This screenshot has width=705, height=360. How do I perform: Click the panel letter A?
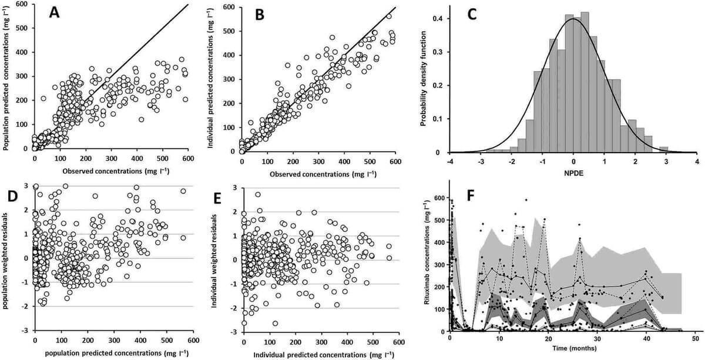[55, 14]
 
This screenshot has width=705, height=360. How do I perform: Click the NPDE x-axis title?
[572, 174]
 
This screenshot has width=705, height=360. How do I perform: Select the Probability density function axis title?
[425, 79]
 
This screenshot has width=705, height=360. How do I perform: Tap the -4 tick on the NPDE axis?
[449, 161]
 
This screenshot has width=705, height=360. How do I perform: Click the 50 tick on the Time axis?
[695, 339]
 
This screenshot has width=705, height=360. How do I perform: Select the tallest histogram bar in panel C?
[585, 82]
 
